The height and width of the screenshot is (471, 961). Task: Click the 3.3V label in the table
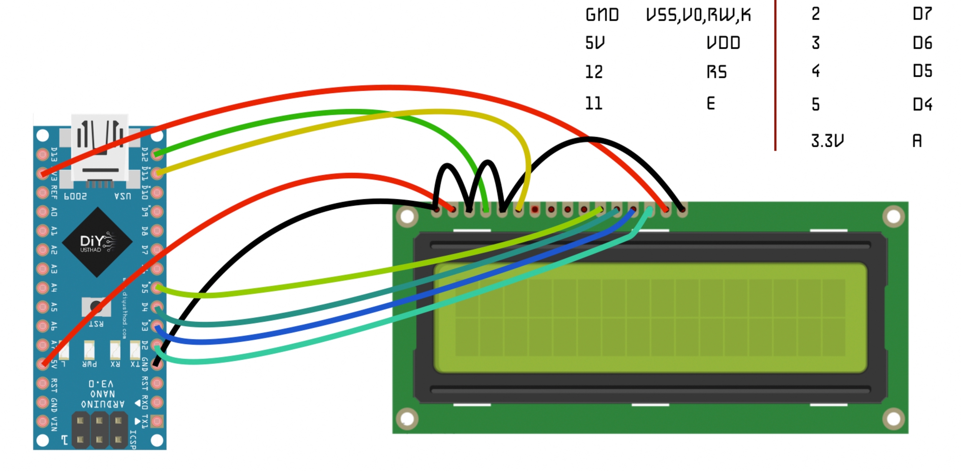[827, 141]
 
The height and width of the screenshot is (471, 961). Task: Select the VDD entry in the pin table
[723, 43]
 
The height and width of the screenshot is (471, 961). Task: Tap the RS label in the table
[717, 72]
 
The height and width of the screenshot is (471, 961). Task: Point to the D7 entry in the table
[922, 14]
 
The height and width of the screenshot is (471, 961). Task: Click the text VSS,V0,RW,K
[698, 15]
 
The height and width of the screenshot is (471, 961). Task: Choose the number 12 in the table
[594, 72]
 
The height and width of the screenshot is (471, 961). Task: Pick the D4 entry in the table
[922, 104]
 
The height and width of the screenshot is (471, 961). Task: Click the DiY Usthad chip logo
[97, 242]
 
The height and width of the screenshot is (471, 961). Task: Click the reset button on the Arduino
[96, 307]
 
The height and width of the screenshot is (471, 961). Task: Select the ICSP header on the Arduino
[99, 430]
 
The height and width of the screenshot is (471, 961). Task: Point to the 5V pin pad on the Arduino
[43, 364]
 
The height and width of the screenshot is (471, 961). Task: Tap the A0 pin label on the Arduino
[54, 212]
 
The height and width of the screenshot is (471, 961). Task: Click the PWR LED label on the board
[89, 364]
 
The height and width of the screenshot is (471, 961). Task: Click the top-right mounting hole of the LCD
[893, 217]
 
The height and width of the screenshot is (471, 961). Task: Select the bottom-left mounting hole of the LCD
[407, 419]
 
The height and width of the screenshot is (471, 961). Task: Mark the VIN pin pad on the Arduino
[43, 421]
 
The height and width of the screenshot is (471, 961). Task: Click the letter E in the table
[711, 103]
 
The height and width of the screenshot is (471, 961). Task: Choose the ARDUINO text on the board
[103, 404]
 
